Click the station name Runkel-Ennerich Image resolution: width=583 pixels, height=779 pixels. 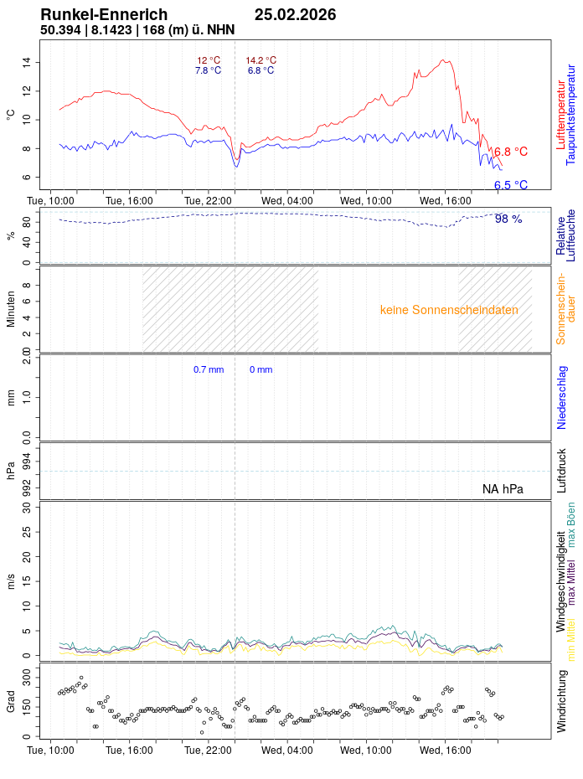(104, 15)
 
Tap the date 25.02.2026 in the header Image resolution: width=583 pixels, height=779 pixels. (295, 15)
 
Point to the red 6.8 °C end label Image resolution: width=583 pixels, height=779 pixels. (511, 152)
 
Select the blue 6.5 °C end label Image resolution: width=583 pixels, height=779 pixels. (511, 185)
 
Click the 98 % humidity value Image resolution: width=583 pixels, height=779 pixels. (508, 219)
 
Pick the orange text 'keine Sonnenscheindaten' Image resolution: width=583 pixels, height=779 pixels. (449, 310)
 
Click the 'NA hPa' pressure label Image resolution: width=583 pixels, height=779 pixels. (503, 489)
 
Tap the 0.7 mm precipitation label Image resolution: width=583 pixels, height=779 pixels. (209, 369)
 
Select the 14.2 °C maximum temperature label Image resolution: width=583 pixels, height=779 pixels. (261, 60)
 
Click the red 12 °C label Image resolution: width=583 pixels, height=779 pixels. (209, 60)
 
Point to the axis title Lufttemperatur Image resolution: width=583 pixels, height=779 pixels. (560, 114)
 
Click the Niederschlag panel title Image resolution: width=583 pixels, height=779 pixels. (561, 398)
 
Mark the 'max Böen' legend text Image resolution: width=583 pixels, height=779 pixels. (571, 525)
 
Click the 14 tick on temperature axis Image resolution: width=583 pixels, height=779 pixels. (27, 62)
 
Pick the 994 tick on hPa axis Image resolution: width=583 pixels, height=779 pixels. (27, 460)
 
